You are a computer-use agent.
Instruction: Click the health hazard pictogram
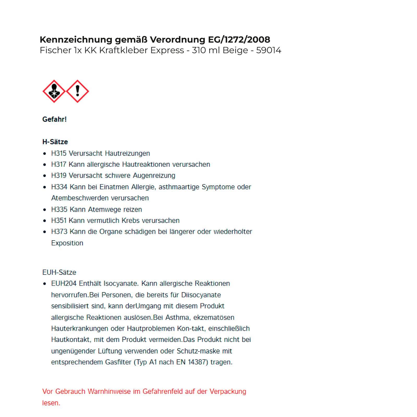click(x=54, y=91)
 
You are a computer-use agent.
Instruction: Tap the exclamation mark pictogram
click(x=77, y=91)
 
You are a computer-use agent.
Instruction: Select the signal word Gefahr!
click(x=54, y=119)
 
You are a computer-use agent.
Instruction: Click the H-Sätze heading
click(x=55, y=142)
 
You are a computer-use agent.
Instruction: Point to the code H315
click(x=59, y=153)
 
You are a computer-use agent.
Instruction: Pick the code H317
click(x=59, y=164)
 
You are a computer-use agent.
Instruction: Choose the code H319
click(x=59, y=175)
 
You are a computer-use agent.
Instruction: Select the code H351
click(x=59, y=220)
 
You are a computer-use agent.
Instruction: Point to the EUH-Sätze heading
click(x=59, y=272)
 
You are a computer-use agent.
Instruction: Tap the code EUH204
click(x=64, y=284)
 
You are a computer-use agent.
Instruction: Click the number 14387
click(x=196, y=362)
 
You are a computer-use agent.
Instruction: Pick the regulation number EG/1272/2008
click(x=239, y=40)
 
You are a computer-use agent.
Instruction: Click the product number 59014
click(x=268, y=50)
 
